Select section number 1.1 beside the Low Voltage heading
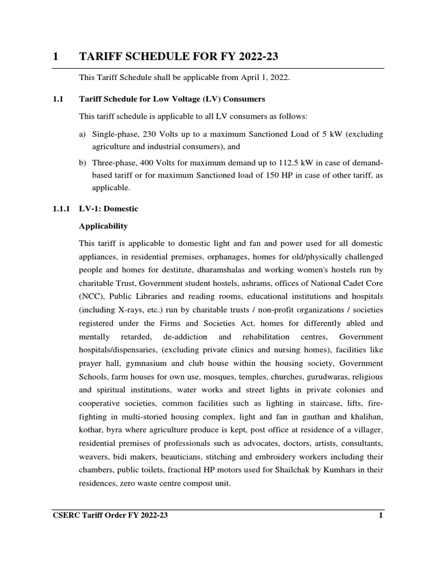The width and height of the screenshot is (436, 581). click(x=57, y=99)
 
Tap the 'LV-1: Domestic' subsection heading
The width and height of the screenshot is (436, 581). click(x=108, y=209)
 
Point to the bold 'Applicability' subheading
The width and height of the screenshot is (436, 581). click(x=103, y=226)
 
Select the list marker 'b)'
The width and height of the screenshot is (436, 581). click(x=83, y=163)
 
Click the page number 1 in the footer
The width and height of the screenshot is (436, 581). click(x=381, y=515)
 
